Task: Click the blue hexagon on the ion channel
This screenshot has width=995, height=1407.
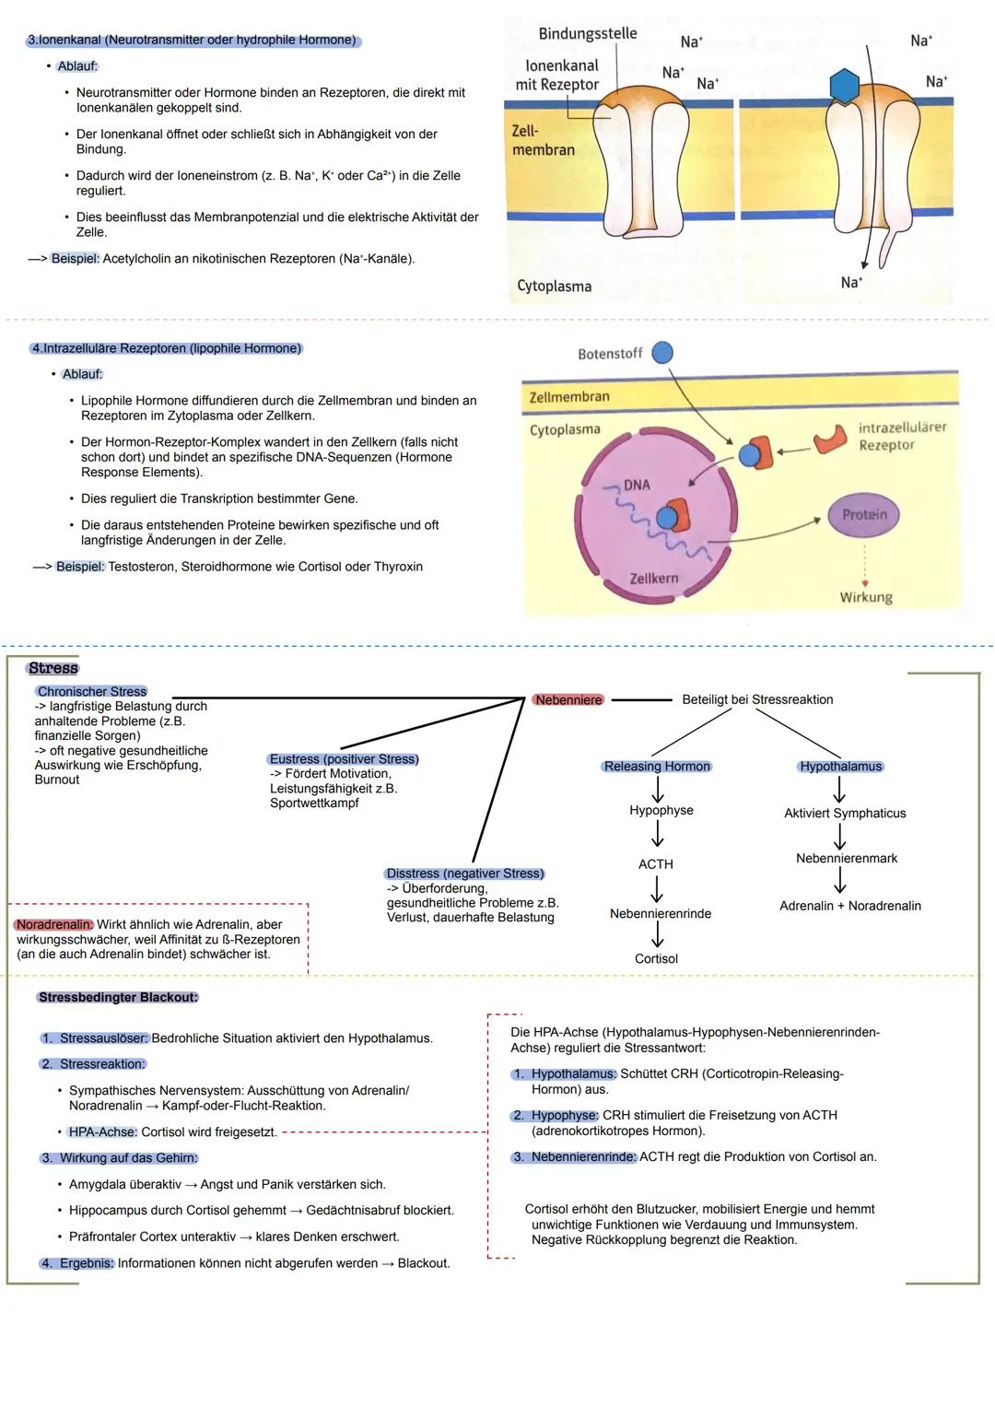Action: point(844,85)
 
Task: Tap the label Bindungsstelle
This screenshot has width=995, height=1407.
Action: point(587,34)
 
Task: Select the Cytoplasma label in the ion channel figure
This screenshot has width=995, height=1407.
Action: point(554,286)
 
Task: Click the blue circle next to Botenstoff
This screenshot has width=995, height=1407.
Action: point(662,353)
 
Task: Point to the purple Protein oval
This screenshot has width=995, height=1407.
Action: point(863,515)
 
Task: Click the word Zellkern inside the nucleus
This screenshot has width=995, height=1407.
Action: point(653,579)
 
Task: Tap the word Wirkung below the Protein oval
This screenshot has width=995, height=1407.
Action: point(865,597)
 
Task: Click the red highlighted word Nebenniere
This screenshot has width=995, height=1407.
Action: point(568,700)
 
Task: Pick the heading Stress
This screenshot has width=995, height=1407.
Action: point(53,668)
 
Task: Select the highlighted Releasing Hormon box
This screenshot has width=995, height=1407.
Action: point(657,767)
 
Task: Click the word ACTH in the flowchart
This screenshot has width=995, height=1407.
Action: point(655,864)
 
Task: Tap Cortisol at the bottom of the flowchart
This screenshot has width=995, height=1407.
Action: point(656,959)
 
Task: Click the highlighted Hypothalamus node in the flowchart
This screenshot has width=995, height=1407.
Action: point(840,767)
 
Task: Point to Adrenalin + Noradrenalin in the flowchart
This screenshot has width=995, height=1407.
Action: point(849,906)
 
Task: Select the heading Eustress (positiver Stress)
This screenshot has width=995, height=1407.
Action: point(344,759)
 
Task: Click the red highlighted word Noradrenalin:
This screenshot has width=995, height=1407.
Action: point(54,924)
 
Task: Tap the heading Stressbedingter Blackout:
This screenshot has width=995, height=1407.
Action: point(118,997)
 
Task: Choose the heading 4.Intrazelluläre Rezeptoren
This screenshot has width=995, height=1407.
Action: point(166,348)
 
